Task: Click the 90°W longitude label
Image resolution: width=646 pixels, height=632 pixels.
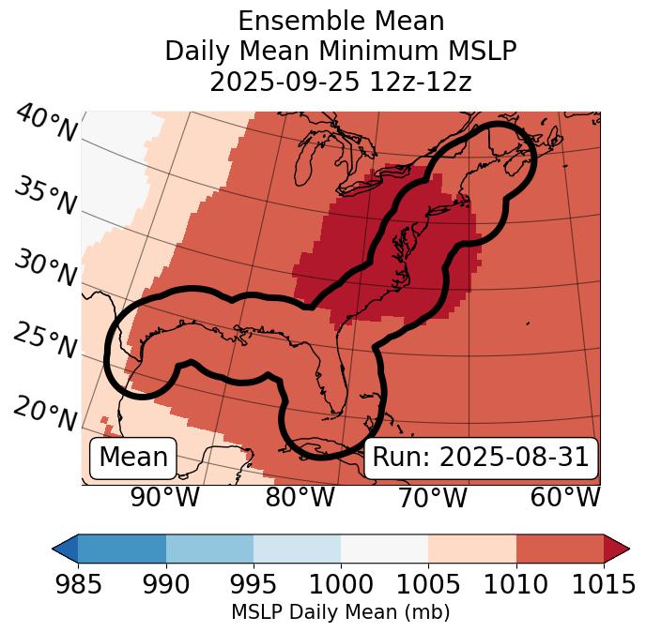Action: coord(165,497)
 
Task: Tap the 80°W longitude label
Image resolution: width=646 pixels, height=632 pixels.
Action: coord(300,497)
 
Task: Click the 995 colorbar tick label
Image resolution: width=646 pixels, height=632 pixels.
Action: coord(254,585)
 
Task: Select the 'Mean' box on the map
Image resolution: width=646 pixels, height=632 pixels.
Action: coord(133,458)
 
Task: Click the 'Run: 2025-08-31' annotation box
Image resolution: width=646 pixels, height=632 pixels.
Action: coord(481,458)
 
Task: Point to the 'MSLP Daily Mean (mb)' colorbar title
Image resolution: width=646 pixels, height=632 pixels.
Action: coord(341,613)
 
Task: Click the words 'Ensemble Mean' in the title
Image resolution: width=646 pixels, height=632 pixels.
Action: coord(341,21)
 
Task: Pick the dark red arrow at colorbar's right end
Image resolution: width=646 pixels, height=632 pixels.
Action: coord(617,548)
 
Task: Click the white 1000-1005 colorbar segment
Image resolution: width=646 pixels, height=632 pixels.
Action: coord(384,548)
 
